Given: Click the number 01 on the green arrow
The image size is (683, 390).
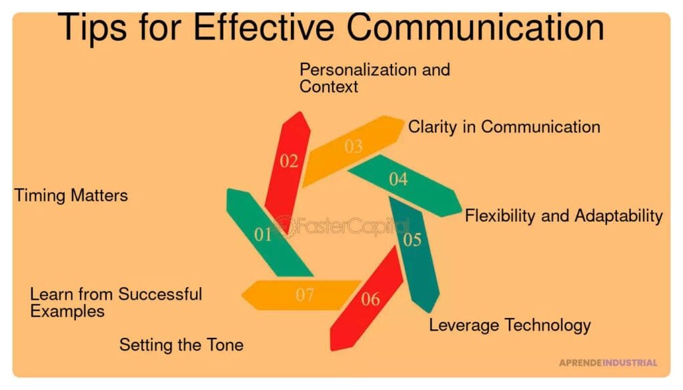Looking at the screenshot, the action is click(263, 234).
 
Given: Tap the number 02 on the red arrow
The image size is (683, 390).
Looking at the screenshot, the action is click(289, 162).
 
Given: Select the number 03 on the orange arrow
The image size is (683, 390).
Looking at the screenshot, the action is click(354, 146).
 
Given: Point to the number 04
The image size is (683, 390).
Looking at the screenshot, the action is click(398, 179).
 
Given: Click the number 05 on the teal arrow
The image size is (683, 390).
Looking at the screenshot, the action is click(412, 240).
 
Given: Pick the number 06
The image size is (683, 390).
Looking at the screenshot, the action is click(370, 299).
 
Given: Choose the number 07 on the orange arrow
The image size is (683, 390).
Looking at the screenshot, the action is click(304, 295).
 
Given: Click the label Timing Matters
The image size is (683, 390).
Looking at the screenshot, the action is click(71, 196).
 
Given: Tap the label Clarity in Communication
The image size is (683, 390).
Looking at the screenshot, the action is click(504, 127).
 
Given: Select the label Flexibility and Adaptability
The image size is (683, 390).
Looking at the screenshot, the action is click(564, 216).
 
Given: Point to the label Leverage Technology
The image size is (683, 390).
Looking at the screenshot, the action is click(510, 325).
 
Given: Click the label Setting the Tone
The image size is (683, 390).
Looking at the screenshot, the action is click(181, 345).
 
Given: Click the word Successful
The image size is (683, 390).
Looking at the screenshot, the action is click(160, 294).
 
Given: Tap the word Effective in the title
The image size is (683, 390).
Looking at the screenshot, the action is click(263, 27).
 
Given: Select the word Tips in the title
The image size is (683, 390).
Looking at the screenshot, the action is click(92, 28).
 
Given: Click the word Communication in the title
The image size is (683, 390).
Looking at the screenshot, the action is click(475, 27).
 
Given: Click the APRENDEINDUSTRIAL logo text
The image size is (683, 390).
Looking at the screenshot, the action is click(608, 363).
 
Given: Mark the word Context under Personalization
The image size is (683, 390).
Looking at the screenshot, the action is click(328, 86).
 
